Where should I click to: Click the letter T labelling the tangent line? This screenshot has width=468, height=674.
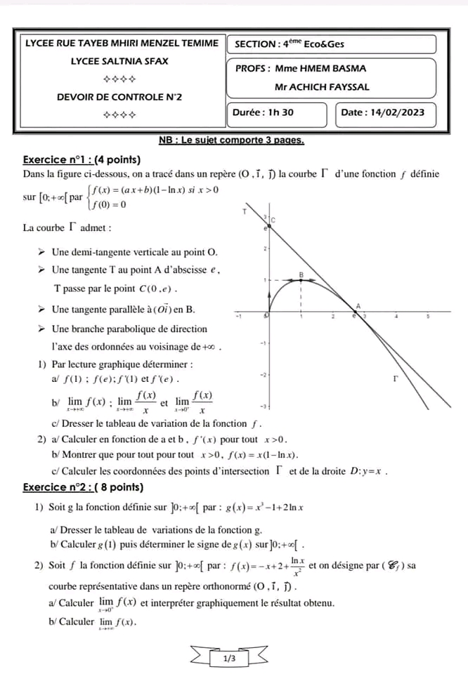(x=244, y=211)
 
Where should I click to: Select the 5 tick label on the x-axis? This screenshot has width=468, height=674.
(x=428, y=317)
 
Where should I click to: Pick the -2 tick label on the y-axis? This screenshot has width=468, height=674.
(x=261, y=375)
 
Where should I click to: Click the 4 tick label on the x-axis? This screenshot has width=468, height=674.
(x=396, y=317)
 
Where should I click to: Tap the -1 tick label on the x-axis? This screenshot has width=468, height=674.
(x=238, y=317)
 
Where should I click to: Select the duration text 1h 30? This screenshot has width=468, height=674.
(x=281, y=112)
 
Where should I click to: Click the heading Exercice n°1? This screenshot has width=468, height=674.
(x=82, y=159)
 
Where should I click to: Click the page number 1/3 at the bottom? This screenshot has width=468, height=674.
(x=230, y=659)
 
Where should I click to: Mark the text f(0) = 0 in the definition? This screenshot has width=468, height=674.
(x=109, y=205)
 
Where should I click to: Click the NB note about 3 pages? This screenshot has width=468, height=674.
(x=231, y=140)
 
